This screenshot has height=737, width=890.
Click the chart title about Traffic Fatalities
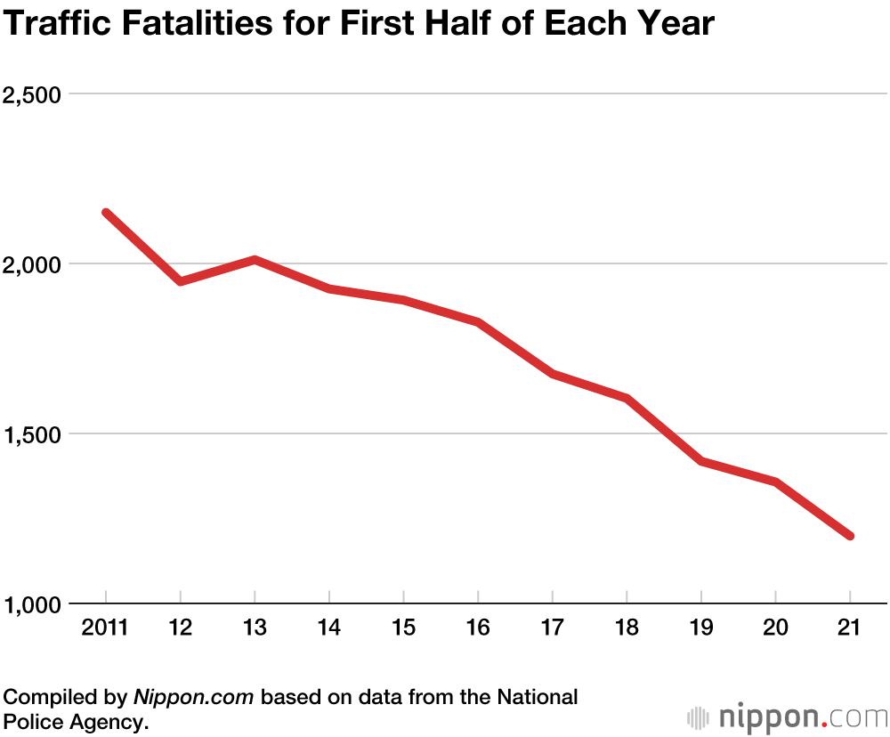click(359, 24)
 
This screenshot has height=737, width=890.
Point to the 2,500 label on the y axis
click(35, 94)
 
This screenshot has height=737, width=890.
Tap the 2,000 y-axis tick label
click(35, 264)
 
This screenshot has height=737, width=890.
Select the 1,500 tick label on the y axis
click(35, 434)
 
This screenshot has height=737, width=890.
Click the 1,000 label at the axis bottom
click(35, 604)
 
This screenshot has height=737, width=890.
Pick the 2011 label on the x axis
click(105, 628)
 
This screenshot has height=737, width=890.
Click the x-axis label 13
click(255, 628)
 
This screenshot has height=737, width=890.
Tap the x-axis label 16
click(478, 628)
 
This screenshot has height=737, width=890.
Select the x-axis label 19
click(701, 628)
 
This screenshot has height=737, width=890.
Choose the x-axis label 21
click(850, 628)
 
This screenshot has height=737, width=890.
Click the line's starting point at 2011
click(106, 213)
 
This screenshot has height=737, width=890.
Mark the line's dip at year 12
click(181, 281)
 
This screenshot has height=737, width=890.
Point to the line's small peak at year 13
click(255, 260)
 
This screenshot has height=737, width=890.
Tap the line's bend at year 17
click(553, 374)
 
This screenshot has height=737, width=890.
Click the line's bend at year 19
click(701, 461)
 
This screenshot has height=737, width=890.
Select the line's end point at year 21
click(850, 536)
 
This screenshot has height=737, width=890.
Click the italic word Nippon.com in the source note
click(194, 697)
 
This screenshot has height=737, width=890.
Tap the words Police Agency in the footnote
click(75, 722)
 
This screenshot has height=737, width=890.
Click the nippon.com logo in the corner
click(788, 717)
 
